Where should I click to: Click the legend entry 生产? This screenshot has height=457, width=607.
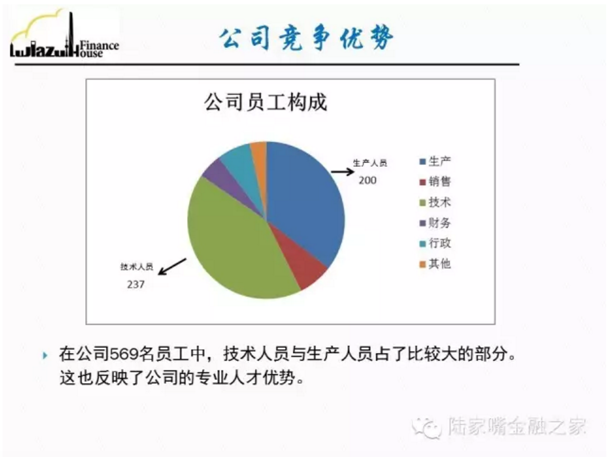[435, 161]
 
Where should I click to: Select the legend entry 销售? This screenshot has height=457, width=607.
[435, 182]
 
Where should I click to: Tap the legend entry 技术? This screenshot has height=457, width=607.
[435, 202]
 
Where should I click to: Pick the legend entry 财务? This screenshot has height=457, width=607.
[435, 223]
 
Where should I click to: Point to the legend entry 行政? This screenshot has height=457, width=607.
[435, 244]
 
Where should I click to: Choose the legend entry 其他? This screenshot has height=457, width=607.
[435, 264]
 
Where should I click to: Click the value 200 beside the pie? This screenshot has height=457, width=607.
[367, 180]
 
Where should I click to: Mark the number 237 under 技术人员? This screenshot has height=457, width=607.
[136, 285]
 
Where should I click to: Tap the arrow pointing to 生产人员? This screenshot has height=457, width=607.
[343, 172]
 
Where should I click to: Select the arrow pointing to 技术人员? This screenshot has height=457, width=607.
[172, 267]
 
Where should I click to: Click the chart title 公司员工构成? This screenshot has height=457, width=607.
[266, 102]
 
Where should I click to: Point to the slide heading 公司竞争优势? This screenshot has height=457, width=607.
[307, 38]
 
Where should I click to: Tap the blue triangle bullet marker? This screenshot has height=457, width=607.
[45, 355]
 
